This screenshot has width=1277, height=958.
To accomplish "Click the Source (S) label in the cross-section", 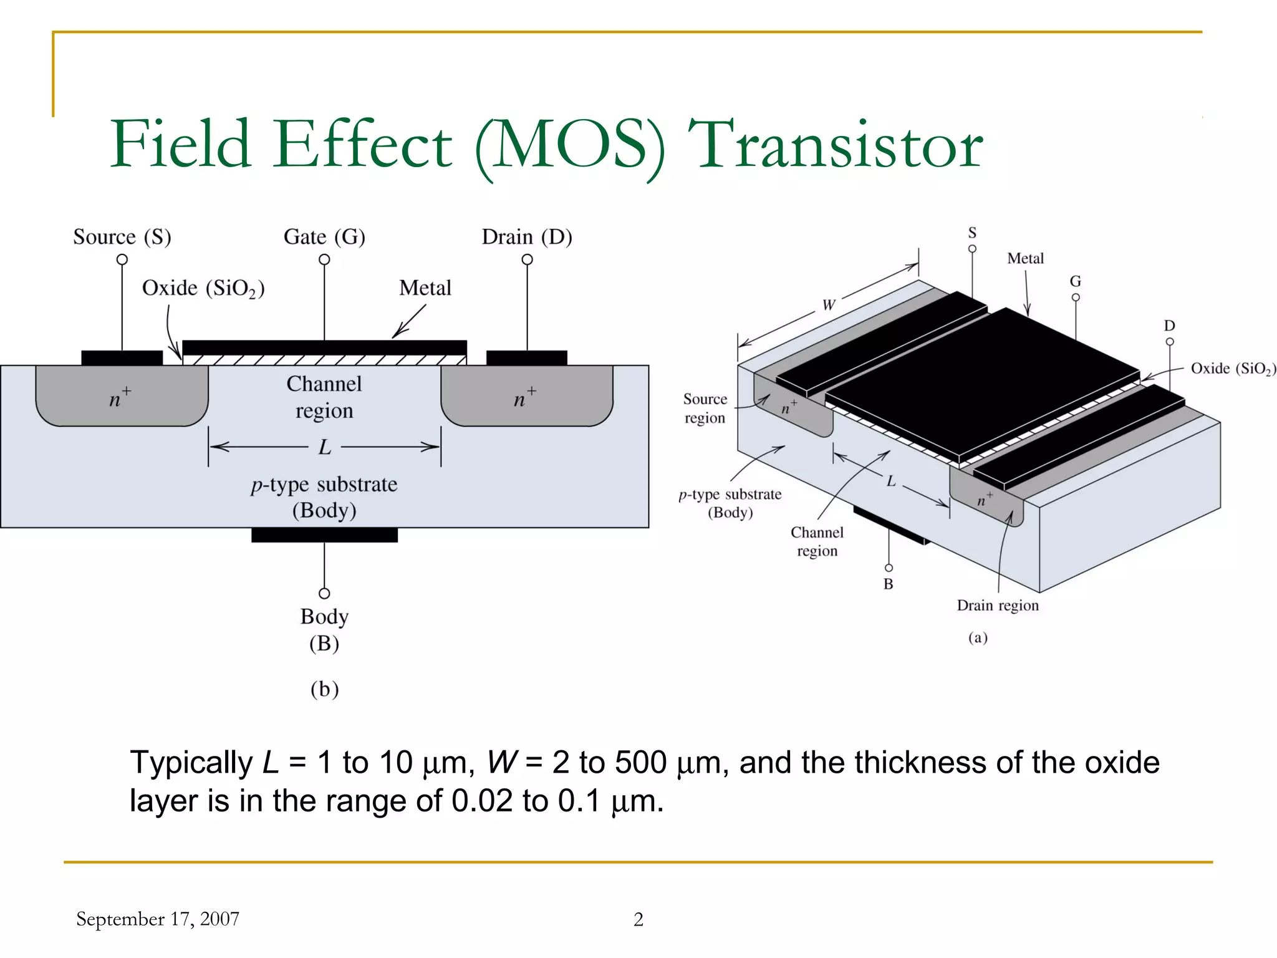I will (x=122, y=238).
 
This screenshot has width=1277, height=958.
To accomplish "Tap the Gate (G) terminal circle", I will (x=324, y=259).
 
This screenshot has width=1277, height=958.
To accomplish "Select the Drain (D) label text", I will (x=527, y=238).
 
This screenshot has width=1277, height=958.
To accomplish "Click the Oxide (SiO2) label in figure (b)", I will (x=203, y=289).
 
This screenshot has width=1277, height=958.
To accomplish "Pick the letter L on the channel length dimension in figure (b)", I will (x=325, y=447).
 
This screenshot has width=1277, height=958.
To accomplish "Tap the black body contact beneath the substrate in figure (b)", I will (x=324, y=535).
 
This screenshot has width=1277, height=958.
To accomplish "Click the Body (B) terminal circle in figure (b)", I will (x=324, y=593).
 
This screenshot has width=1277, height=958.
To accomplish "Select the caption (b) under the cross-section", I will (x=325, y=689).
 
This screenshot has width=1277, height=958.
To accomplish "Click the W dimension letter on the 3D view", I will (x=828, y=305).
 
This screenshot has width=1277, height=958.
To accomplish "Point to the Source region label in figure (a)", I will (x=705, y=409).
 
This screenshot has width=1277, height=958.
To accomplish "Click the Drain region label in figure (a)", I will (x=998, y=606).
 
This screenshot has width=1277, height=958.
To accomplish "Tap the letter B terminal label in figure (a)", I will (x=889, y=584).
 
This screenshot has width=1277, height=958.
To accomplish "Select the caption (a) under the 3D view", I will (x=978, y=637).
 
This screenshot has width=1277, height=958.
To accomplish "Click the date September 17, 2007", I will (x=158, y=919).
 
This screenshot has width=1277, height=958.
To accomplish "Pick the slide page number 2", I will (x=638, y=919).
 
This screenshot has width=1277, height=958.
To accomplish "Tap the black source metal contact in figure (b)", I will (x=122, y=358).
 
